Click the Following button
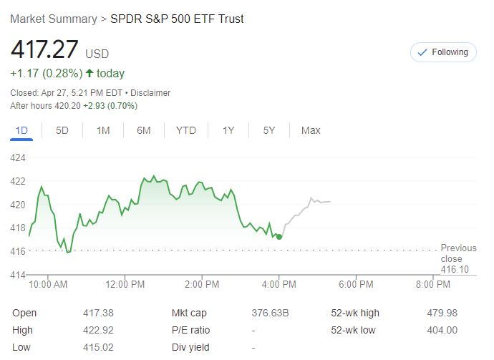coord(442,52)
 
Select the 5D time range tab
coord(62,130)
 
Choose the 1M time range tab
coord(103,130)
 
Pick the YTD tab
coord(186,130)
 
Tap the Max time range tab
coord(311,130)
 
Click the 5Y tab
coord(269,130)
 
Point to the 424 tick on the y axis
coord(18,157)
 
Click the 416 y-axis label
coord(18,251)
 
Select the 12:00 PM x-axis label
coord(125,284)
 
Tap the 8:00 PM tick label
coord(433,284)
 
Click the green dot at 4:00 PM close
coord(279,237)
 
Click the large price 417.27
coord(44,51)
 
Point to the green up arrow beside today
coord(89,73)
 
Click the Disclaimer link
coord(150,92)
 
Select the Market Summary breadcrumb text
coord(53,19)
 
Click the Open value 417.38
coord(98,313)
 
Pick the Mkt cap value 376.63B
coord(270,313)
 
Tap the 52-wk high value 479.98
coord(442,313)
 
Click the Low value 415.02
coord(98,347)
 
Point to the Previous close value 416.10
coord(455,269)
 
